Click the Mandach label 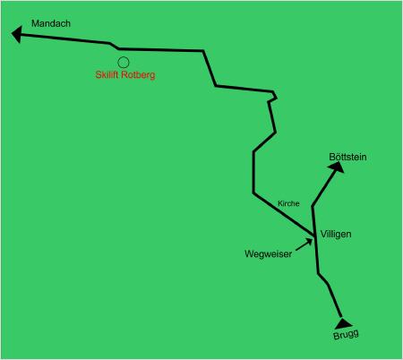click(51, 23)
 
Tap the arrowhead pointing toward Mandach click(17, 34)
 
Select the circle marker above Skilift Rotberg click(124, 63)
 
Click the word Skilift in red click(107, 74)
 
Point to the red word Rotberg click(138, 74)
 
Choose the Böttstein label click(347, 157)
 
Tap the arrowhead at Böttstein click(337, 167)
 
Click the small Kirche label click(288, 203)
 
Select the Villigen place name click(336, 235)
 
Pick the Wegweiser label click(268, 253)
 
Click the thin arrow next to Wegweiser click(304, 244)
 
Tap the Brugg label click(346, 335)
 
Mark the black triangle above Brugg click(343, 323)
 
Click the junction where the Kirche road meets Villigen click(315, 236)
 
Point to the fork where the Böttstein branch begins click(313, 207)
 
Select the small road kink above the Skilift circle click(114, 46)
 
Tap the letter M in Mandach click(35, 23)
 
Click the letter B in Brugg click(336, 336)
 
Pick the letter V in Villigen click(323, 234)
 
